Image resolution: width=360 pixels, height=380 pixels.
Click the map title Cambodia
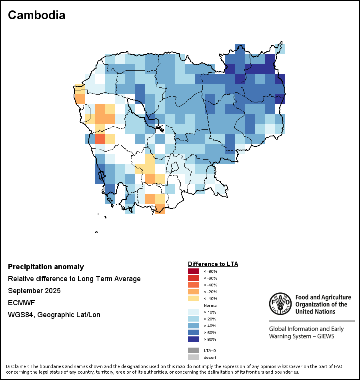[x=36, y=15]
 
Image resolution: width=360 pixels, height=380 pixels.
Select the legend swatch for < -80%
[x=193, y=271]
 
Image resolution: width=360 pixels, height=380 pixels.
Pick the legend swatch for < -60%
[x=193, y=278]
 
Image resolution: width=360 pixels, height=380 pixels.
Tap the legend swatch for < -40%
[x=193, y=285]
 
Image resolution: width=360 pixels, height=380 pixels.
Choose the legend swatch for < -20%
[x=193, y=292]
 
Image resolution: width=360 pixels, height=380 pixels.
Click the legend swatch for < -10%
[x=193, y=298]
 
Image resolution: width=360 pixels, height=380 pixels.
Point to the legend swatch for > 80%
[x=193, y=339]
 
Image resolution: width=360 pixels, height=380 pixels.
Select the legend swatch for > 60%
[x=193, y=332]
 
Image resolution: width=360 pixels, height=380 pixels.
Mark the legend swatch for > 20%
[x=193, y=319]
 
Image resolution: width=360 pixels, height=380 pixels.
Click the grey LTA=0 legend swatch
[x=193, y=350]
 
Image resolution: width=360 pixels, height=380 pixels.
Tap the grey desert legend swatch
[x=193, y=357]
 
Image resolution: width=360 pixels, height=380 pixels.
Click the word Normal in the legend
[x=210, y=305]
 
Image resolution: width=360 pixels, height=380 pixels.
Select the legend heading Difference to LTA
[x=213, y=264]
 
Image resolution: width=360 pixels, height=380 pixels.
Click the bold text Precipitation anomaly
[x=46, y=267]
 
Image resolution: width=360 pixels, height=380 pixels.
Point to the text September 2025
[x=34, y=291]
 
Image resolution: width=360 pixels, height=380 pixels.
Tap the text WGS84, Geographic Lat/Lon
[x=54, y=315]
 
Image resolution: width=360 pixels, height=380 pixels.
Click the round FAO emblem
[x=280, y=303]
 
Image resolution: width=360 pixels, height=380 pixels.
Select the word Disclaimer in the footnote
[x=17, y=366]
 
